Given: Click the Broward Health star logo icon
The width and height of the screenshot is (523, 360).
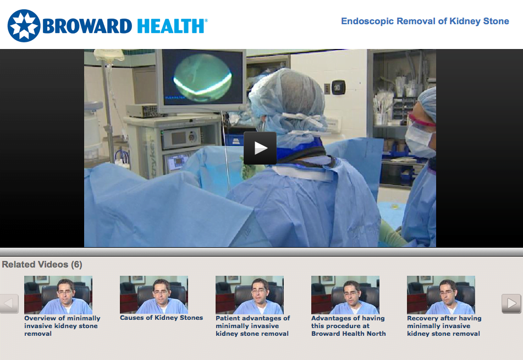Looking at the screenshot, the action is coord(24,26).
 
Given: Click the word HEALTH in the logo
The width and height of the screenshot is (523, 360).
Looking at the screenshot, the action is coord(171,26).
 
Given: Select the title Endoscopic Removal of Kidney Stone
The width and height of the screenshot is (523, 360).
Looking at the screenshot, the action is coord(425,21).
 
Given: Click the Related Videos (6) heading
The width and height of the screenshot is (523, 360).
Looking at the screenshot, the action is coord(42,264).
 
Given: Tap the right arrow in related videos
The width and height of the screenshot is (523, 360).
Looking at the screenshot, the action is coord(511,303).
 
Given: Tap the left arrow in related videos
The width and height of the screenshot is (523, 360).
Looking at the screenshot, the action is coord(9,303).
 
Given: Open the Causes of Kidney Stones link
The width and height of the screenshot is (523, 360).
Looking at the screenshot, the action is coord(162,318).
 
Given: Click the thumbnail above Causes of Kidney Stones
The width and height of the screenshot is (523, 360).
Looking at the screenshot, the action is coord(154,295).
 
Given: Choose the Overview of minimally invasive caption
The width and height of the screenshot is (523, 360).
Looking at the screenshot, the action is coord(62,326).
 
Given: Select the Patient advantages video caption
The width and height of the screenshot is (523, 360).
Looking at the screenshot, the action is coord(253,326).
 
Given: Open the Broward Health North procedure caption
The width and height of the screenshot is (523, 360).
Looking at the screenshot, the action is coord(349,326).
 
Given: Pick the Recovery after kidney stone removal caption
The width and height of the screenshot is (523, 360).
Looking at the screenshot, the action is coord(444,326).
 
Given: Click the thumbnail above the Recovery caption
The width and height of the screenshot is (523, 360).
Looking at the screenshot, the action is coord(441,295).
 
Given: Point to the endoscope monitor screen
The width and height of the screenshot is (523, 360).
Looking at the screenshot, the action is coord(202,77).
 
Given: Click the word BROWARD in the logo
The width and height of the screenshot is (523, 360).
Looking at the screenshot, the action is coord(87,26).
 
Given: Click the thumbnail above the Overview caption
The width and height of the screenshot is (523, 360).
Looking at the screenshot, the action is coord(58,295).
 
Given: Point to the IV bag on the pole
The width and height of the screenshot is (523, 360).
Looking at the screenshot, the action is coord(109,56).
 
